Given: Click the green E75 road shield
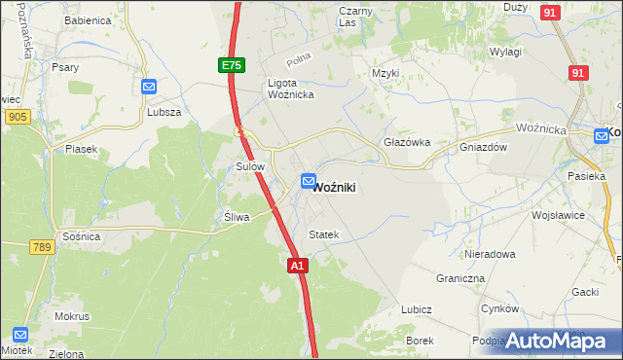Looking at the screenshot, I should pyautogui.click(x=230, y=65).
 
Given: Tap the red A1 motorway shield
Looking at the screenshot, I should pyautogui.click(x=298, y=265).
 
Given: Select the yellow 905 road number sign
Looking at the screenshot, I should pyautogui.click(x=17, y=117).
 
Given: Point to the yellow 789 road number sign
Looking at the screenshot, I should pyautogui.click(x=40, y=248).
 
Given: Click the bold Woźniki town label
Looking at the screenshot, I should pyautogui.click(x=340, y=187).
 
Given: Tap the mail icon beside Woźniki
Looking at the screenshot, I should pyautogui.click(x=309, y=181).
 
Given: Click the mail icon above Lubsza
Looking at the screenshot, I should pyautogui.click(x=149, y=87).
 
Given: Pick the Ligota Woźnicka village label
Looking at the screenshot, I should pyautogui.click(x=290, y=89).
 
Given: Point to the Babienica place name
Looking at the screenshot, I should pyautogui.click(x=88, y=20).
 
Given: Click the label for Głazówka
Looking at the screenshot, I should pyautogui.click(x=407, y=141).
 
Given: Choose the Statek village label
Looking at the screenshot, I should pyautogui.click(x=323, y=234).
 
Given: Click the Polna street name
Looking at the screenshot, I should pyautogui.click(x=300, y=60).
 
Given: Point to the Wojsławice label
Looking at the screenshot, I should pyautogui.click(x=557, y=213).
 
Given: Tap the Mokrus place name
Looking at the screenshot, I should pyautogui.click(x=73, y=316).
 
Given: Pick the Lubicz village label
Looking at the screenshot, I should pyautogui.click(x=416, y=309).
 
